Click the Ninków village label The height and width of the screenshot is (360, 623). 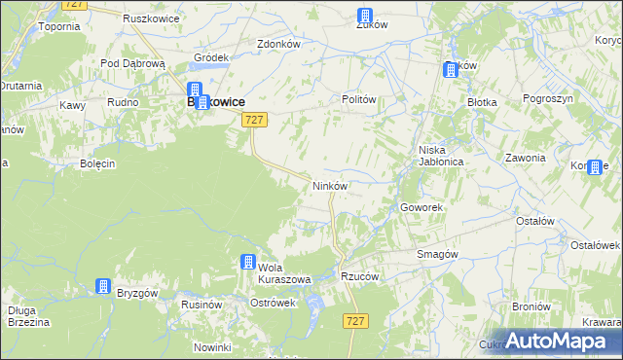click(x=329, y=185)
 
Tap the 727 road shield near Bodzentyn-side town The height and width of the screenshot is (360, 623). click(x=253, y=119)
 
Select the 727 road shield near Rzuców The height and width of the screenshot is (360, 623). click(x=356, y=320)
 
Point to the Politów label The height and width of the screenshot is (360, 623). click(x=358, y=99)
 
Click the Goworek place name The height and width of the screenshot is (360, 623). click(x=422, y=207)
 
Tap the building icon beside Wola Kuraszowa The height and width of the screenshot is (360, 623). click(x=248, y=262)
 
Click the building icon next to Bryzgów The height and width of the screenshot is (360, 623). click(x=103, y=286)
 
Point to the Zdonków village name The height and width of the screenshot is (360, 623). click(x=277, y=44)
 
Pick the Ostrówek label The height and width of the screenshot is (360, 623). click(x=273, y=303)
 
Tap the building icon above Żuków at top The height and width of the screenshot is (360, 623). click(x=365, y=16)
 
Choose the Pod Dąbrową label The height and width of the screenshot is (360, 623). click(x=133, y=62)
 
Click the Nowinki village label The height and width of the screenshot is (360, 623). click(x=212, y=347)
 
